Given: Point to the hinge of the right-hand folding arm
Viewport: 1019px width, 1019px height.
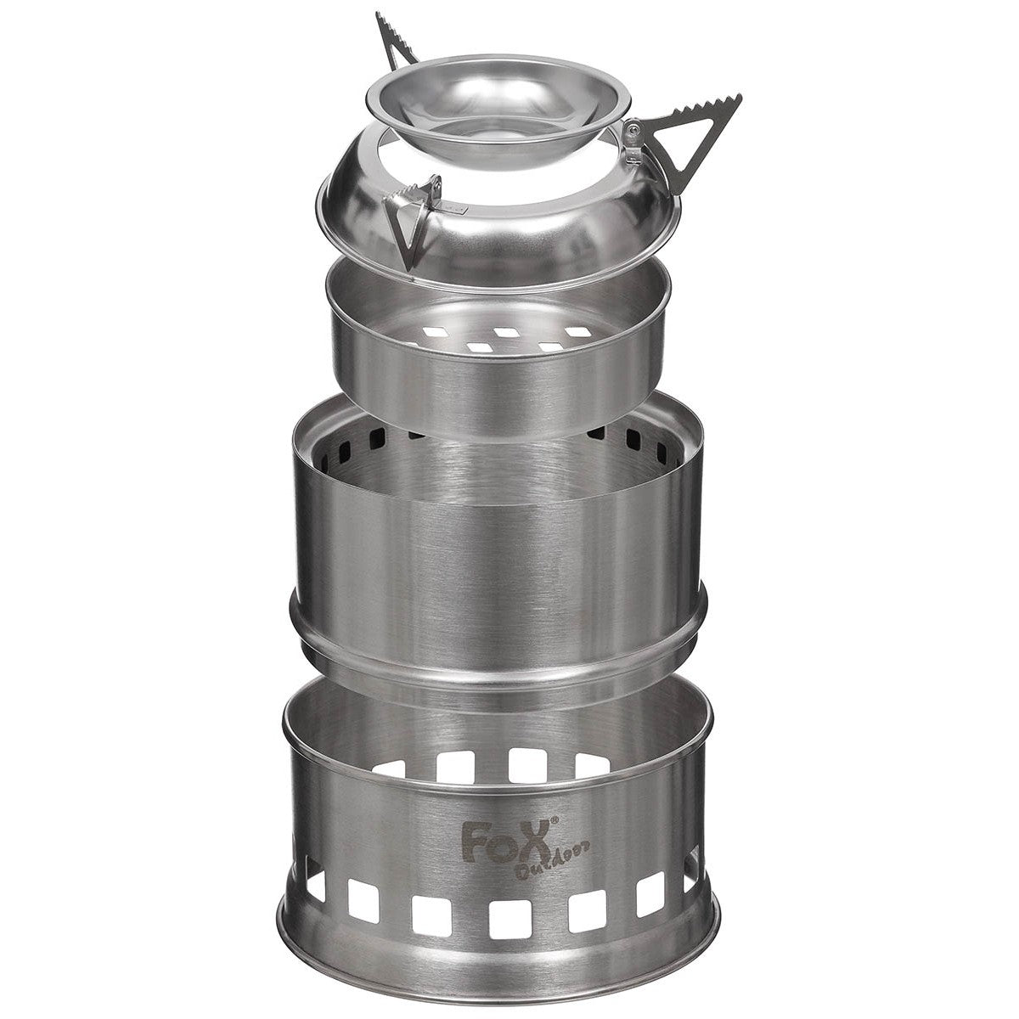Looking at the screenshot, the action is (x=633, y=140).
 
